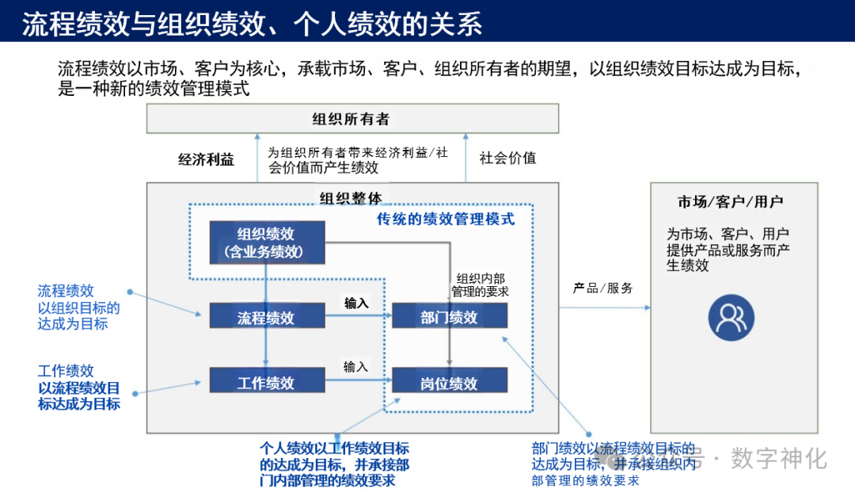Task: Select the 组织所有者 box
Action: tap(351, 120)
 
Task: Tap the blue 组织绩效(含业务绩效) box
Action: tap(267, 243)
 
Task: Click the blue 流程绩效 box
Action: tap(267, 317)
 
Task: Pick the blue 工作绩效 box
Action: tap(267, 382)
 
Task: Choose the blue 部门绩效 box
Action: tap(450, 317)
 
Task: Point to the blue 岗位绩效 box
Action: tap(450, 384)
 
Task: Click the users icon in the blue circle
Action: tap(731, 317)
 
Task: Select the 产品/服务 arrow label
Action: tap(603, 289)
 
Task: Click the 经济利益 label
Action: tap(206, 159)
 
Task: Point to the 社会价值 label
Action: tap(507, 158)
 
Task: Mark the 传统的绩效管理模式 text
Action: tap(446, 219)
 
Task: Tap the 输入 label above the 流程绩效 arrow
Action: tap(356, 303)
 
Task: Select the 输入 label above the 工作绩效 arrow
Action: tap(356, 367)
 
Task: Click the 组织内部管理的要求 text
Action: tap(480, 285)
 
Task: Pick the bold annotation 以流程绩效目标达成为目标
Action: tap(79, 396)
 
